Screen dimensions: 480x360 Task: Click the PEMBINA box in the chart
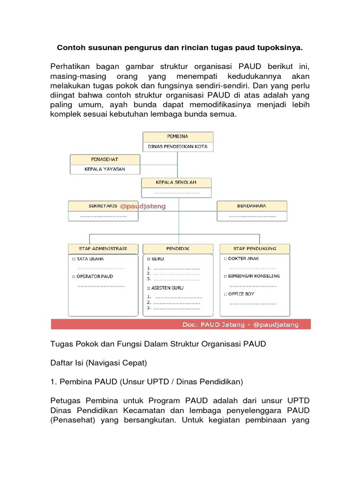(178, 136)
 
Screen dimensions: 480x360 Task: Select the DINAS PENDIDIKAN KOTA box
(178, 147)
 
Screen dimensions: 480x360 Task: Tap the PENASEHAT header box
(105, 159)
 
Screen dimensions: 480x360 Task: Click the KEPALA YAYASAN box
(105, 169)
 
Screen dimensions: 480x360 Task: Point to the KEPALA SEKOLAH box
(176, 182)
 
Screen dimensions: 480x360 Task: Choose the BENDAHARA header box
(252, 206)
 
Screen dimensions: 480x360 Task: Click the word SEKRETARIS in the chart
(102, 206)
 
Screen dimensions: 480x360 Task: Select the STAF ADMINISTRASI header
(104, 248)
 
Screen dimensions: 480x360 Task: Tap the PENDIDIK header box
(178, 248)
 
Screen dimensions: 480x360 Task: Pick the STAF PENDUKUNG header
(255, 248)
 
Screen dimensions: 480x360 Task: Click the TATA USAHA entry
(90, 259)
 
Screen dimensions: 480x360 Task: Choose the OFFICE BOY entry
(241, 294)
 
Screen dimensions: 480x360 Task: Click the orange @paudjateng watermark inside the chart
(143, 206)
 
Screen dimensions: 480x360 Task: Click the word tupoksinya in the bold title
(278, 47)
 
